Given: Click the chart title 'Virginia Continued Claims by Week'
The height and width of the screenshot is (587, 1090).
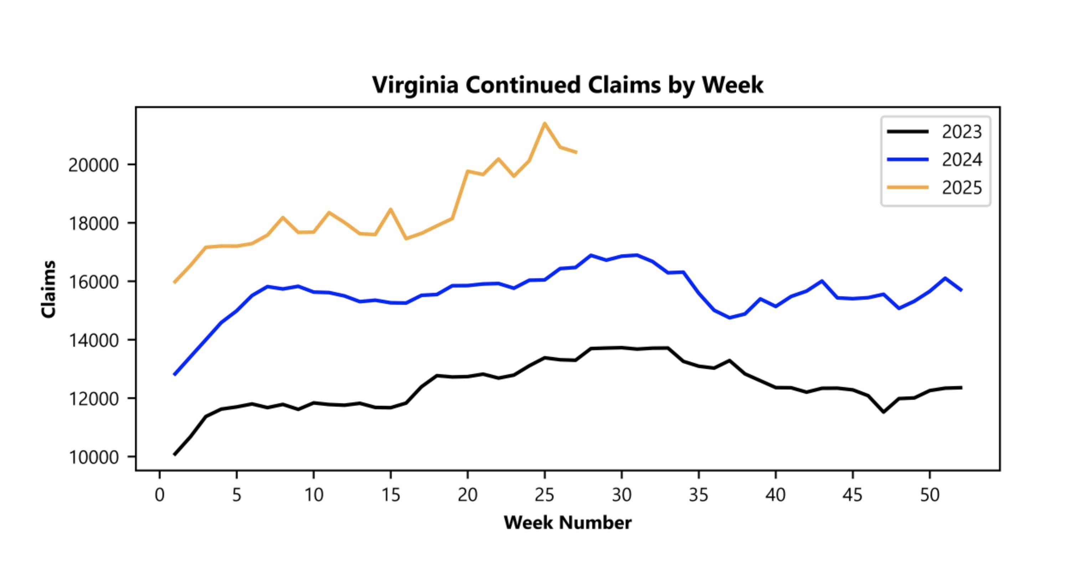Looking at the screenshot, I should [x=567, y=85].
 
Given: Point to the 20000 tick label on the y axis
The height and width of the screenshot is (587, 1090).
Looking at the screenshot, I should [x=93, y=165].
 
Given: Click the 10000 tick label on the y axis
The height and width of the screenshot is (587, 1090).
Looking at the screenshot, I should [x=93, y=457].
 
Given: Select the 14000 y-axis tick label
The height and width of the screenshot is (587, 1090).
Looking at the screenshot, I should [x=93, y=341].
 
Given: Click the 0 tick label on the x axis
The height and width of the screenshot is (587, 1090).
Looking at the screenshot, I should [x=160, y=495].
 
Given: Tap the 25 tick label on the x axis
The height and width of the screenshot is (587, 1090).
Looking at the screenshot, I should [x=544, y=495].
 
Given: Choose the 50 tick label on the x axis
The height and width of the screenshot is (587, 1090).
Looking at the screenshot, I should [x=930, y=495].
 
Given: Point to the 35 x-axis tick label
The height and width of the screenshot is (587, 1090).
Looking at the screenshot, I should [x=699, y=495].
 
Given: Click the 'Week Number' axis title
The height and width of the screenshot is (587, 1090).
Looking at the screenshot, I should [x=567, y=523].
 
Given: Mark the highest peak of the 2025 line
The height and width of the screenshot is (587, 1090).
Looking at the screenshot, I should [x=545, y=124].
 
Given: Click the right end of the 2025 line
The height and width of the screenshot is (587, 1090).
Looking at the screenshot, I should [x=576, y=152].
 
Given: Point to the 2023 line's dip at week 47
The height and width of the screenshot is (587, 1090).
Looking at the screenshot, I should [x=884, y=412].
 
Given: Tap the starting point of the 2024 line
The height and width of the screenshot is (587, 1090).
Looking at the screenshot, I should [x=175, y=374].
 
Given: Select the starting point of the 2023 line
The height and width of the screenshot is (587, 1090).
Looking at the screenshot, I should [x=175, y=454].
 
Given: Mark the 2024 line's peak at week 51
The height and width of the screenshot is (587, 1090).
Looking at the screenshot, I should [x=945, y=278].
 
